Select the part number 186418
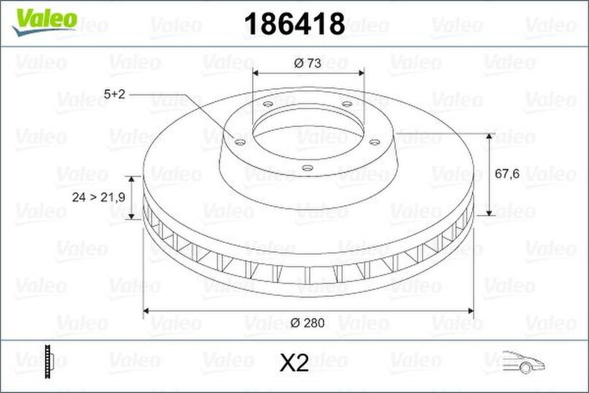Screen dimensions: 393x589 [x=294, y=24]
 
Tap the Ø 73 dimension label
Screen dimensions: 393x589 [x=307, y=64]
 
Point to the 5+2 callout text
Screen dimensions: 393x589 [x=114, y=94]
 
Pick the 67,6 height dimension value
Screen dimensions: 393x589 [x=507, y=174]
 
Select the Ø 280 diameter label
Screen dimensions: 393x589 [x=308, y=323]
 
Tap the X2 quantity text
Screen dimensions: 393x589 [x=294, y=363]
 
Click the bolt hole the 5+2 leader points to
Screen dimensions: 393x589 [x=240, y=142]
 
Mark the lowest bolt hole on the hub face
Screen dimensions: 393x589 [x=307, y=168]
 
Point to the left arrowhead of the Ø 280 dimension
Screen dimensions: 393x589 [x=146, y=311]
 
